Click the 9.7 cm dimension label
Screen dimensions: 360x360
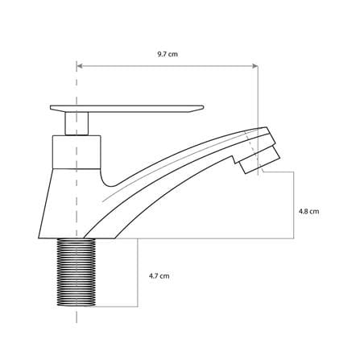pyautogui.click(x=168, y=54)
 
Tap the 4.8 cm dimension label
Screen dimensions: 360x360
pyautogui.click(x=309, y=211)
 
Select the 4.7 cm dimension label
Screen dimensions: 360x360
pyautogui.click(x=159, y=276)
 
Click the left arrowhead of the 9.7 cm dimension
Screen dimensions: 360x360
pyautogui.click(x=80, y=66)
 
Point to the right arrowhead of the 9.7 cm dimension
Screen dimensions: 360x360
pyautogui.click(x=255, y=66)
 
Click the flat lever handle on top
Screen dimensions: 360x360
pyautogui.click(x=126, y=109)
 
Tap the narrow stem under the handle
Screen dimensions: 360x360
pyautogui.click(x=77, y=123)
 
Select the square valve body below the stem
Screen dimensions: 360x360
pyautogui.click(x=77, y=152)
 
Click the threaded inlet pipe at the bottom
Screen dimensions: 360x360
pyautogui.click(x=77, y=272)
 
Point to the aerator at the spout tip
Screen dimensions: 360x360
pyautogui.click(x=260, y=159)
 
